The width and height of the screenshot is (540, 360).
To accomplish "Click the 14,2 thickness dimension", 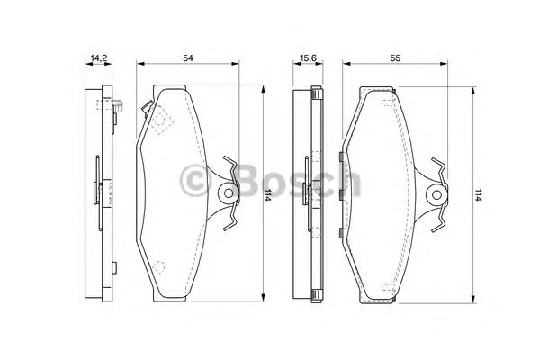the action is coord(98,58).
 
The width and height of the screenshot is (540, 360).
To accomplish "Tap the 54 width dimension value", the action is coord(188,58).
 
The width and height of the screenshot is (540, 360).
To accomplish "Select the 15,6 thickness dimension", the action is coord(308,58).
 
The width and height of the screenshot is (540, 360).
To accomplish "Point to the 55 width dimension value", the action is coord(395,58).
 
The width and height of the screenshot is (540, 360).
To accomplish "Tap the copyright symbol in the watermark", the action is coord(195,180).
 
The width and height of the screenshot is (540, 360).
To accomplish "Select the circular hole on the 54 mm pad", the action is coord(228,193).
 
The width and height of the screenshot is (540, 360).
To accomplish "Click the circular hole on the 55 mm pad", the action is coord(436,195).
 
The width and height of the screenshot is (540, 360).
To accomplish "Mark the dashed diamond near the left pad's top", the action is coord(162,120).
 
